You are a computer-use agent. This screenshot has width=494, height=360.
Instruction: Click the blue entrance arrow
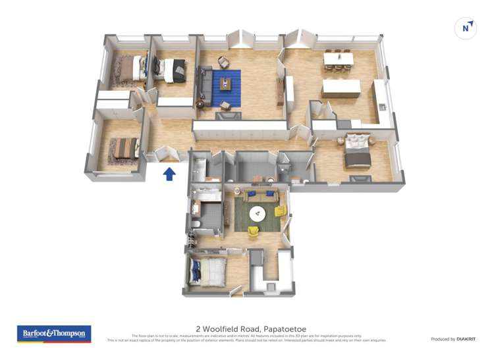coord(169,174)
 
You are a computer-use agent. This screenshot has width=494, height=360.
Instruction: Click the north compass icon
coord(466,28)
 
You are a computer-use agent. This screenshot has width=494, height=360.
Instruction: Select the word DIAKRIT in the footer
coord(462,339)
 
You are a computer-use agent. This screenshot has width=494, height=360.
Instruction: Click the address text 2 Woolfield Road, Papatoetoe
coord(251,329)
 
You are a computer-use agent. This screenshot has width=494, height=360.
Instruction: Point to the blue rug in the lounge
coord(227,89)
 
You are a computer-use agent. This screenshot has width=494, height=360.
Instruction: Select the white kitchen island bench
coord(341,88)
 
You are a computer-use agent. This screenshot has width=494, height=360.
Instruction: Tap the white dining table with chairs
coord(339,59)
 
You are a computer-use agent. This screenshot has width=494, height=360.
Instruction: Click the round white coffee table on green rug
coord(258,213)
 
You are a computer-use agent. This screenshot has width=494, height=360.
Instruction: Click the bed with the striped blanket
coord(123,148)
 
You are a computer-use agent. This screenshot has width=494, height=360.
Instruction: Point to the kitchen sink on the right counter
coord(381,108)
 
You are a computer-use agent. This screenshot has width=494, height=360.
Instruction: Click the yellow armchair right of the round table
coord(280,212)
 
